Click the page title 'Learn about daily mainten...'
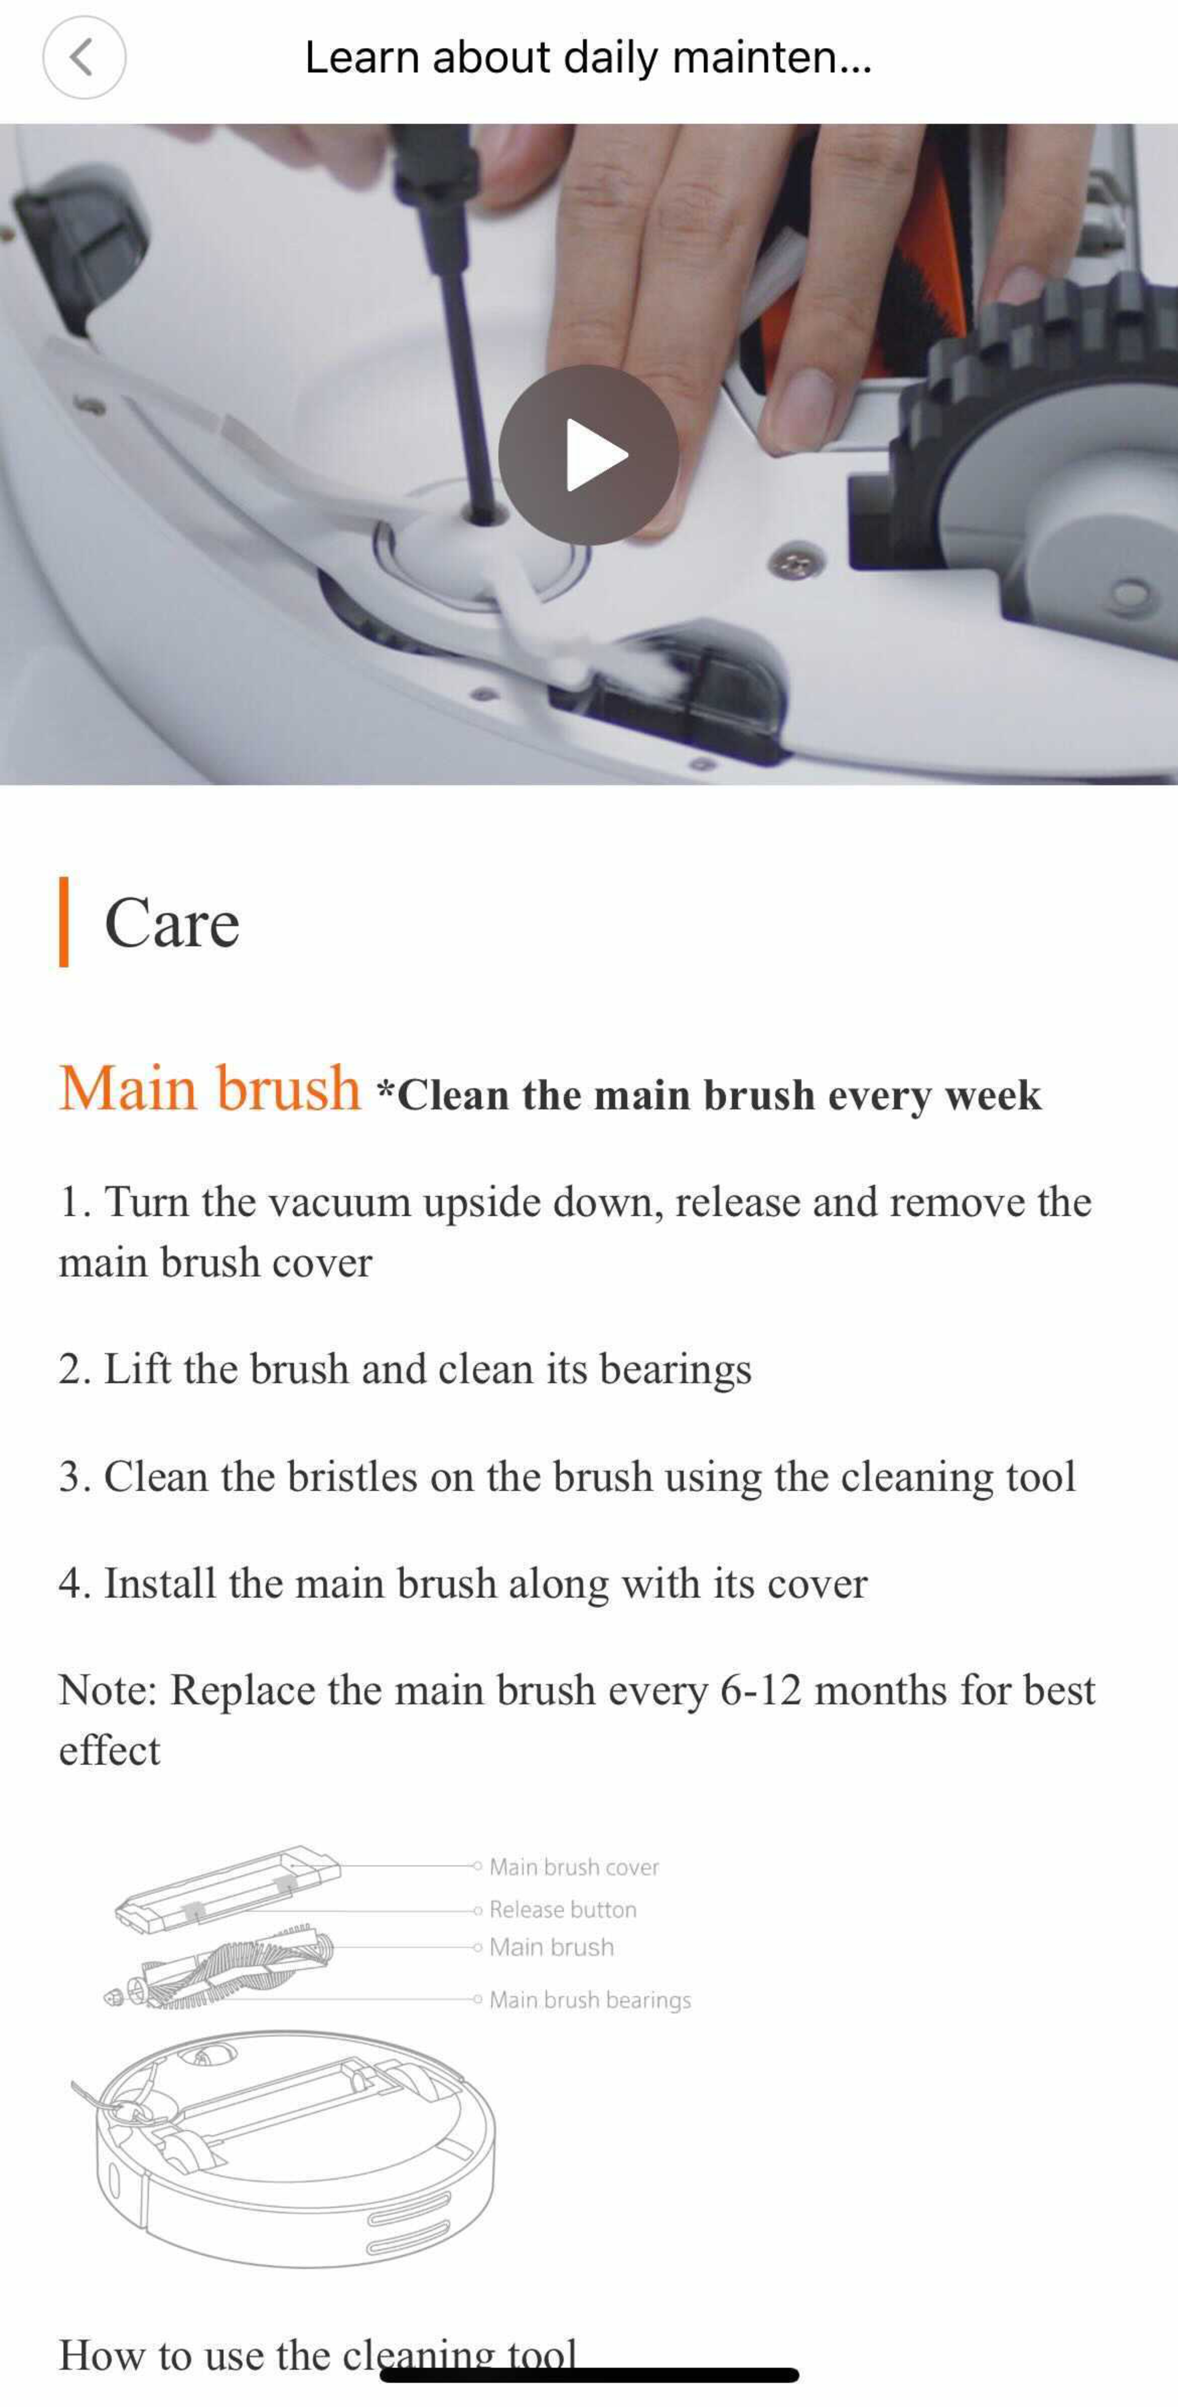(588, 57)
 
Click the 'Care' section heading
(172, 923)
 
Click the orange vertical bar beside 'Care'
(64, 921)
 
